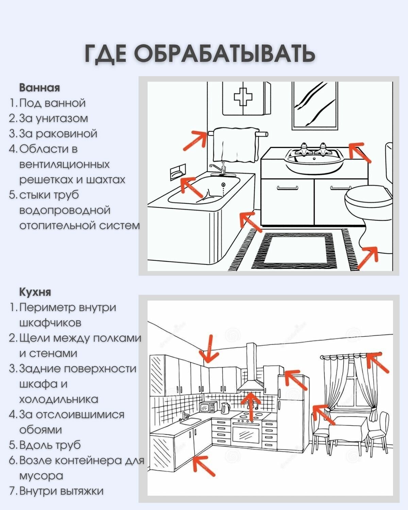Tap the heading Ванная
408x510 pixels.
(x=39, y=88)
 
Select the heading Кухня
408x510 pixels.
(x=35, y=292)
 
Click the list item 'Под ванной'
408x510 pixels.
(x=52, y=103)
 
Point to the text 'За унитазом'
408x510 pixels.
(x=53, y=118)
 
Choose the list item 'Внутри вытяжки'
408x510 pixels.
(x=61, y=491)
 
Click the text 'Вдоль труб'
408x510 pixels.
(x=50, y=445)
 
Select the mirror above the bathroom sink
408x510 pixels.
(x=315, y=105)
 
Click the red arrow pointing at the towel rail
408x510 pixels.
(x=195, y=140)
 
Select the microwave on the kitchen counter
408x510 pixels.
(x=208, y=407)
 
